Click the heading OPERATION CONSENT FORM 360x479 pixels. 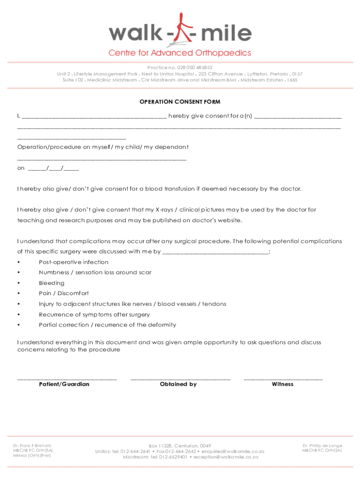pos(180,102)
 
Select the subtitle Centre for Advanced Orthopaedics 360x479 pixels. pos(180,52)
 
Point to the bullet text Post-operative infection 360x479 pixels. pos(73,262)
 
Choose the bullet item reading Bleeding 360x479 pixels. pos(51,283)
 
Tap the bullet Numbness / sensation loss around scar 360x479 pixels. pos(95,272)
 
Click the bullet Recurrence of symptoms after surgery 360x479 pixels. pos(94,314)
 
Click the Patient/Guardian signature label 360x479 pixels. pos(64,384)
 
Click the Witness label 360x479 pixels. pos(282,384)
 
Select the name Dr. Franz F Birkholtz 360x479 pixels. pos(32,446)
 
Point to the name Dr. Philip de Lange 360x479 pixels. pos(322,445)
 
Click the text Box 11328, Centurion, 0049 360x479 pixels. pos(180,445)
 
